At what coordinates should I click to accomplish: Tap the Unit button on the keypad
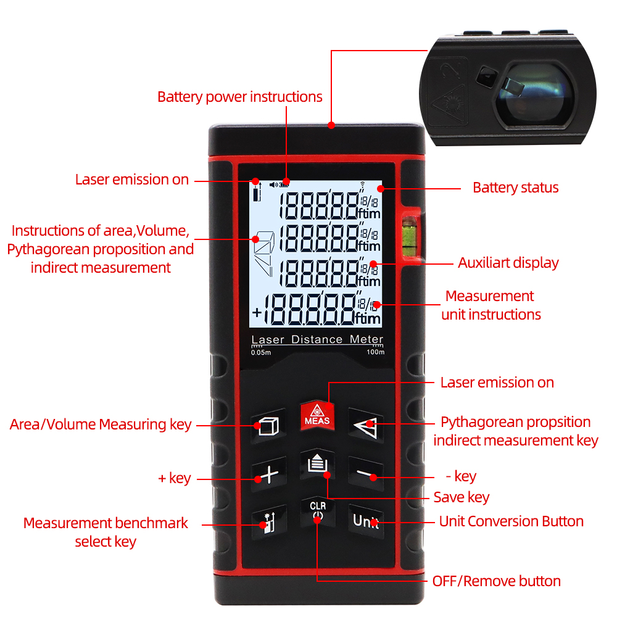click(x=365, y=521)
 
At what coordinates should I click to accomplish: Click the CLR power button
click(x=317, y=511)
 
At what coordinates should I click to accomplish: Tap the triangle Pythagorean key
click(x=365, y=424)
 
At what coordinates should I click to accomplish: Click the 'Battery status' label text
click(x=515, y=188)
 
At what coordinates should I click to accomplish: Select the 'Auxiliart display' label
click(x=508, y=263)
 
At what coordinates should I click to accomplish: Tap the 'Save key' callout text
click(x=461, y=497)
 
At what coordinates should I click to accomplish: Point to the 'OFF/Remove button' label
click(x=496, y=581)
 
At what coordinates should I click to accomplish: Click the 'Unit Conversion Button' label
click(x=511, y=521)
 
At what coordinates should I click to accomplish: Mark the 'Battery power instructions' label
click(x=239, y=97)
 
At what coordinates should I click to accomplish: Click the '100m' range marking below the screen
click(x=376, y=353)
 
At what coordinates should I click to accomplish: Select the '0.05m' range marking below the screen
click(x=260, y=353)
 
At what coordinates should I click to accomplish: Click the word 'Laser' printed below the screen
click(x=268, y=339)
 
